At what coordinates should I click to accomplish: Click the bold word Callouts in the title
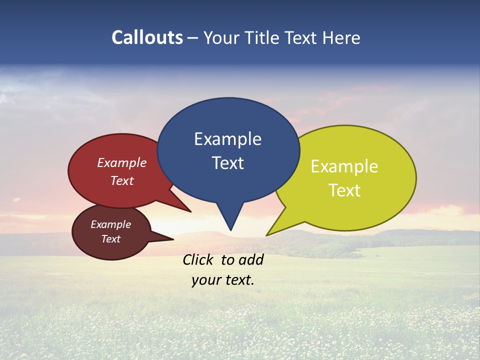coord(147,37)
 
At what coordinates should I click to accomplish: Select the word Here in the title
coord(342,37)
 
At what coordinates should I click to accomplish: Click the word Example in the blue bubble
coord(227,139)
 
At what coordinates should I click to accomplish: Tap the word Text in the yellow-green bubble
coord(344,190)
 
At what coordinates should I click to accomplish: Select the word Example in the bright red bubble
coord(122,163)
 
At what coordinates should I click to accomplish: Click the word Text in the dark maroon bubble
coord(110,239)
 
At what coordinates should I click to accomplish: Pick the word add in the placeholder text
coord(251,259)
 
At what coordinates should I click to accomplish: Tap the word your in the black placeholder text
coord(205,280)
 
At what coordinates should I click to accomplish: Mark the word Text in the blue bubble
coord(227,163)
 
